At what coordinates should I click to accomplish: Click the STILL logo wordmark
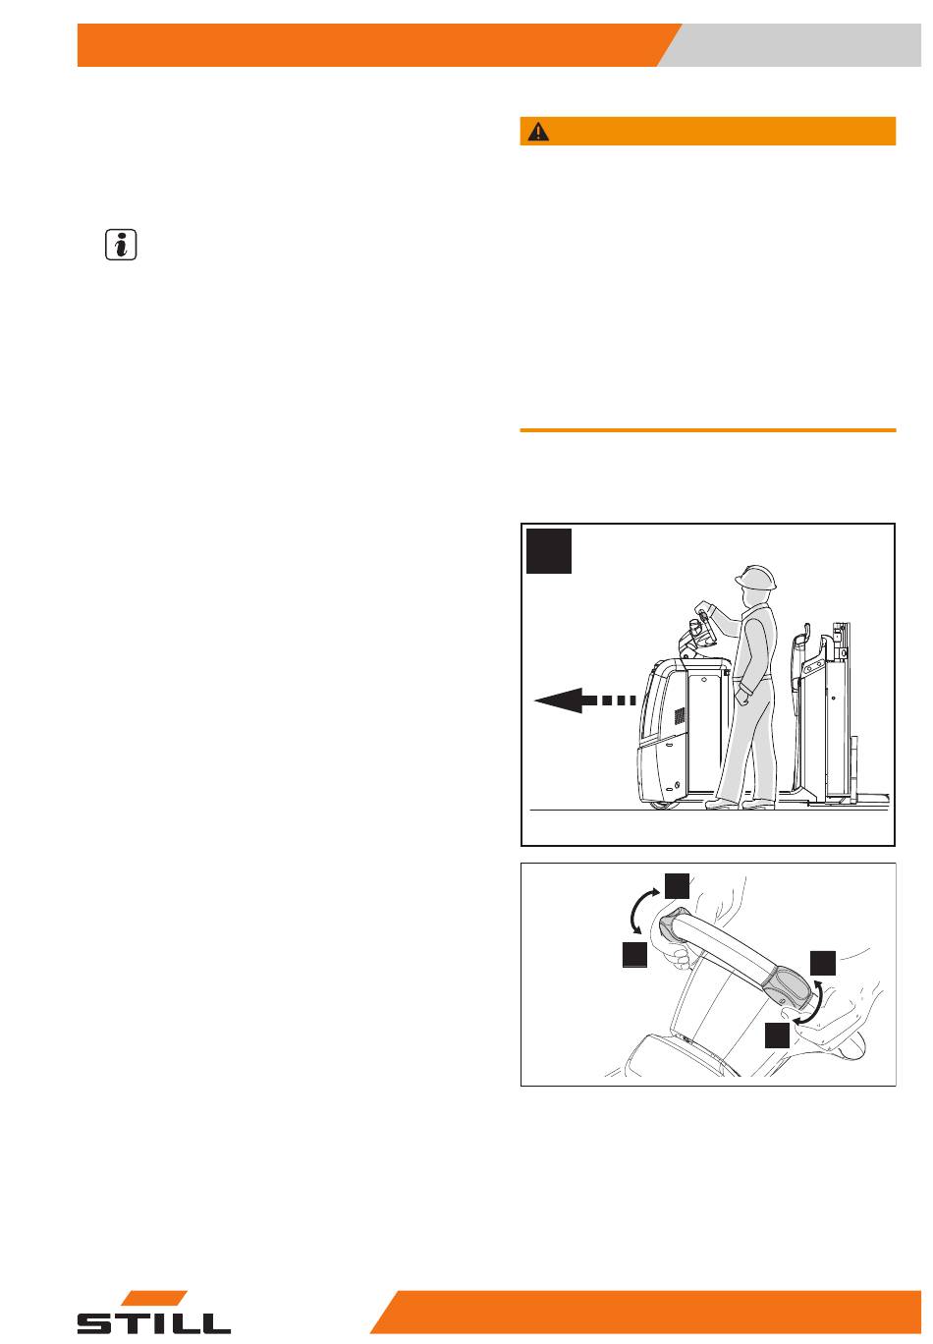153,1322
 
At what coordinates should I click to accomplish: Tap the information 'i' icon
121,245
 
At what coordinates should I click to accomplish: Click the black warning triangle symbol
538,132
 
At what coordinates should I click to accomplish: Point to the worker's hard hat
755,577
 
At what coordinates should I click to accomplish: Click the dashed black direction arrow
584,700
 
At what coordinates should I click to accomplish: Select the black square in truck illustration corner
548,551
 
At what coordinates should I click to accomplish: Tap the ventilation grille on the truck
680,715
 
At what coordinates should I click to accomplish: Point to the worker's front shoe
721,804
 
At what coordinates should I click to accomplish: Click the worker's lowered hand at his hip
742,696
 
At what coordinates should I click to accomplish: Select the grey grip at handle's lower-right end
786,984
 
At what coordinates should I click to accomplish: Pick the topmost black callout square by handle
677,885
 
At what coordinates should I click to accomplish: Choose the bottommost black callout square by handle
777,1035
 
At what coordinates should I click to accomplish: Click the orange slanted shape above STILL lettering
154,1298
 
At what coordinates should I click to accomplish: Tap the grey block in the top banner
792,45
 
